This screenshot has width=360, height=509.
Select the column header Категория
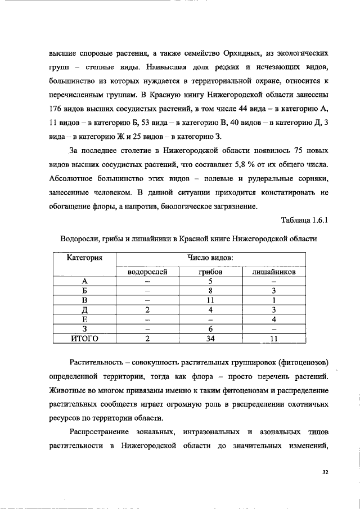tap(84, 258)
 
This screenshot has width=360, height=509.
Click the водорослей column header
tap(147, 272)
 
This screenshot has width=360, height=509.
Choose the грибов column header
tap(210, 272)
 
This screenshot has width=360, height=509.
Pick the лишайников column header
tap(273, 272)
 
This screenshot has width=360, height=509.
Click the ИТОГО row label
tap(84, 338)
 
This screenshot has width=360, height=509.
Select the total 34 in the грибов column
tap(210, 338)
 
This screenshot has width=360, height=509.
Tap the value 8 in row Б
tap(210, 291)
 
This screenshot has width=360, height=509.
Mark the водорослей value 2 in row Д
tap(147, 309)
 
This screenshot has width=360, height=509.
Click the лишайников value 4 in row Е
tap(273, 319)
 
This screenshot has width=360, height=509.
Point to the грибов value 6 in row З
tap(210, 328)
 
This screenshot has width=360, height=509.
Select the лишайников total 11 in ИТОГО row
tap(273, 338)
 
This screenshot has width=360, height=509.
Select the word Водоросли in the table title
tap(79, 238)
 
